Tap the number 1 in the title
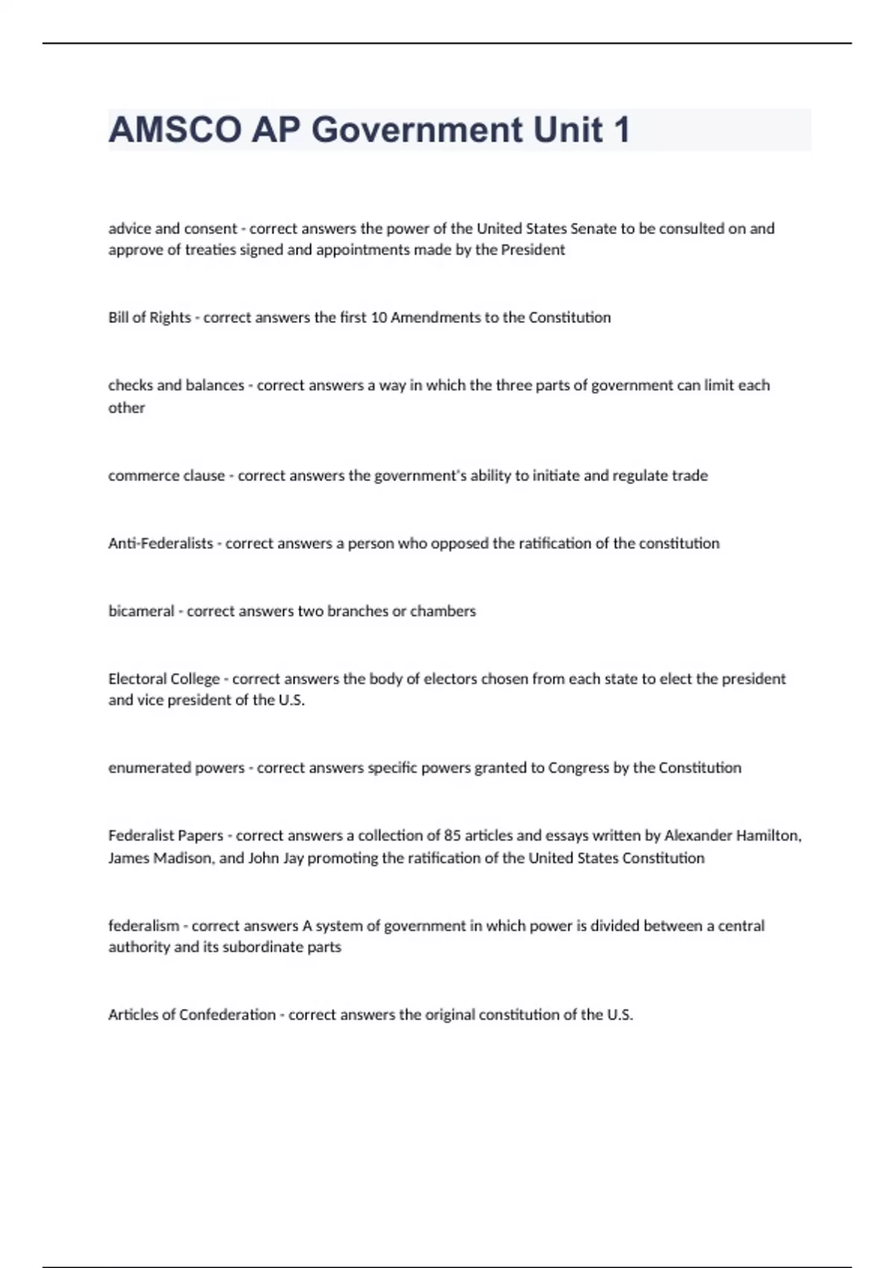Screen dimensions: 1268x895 [x=621, y=130]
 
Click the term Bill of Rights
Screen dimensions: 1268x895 [x=149, y=318]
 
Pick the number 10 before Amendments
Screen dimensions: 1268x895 [x=378, y=318]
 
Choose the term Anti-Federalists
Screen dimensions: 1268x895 [x=160, y=544]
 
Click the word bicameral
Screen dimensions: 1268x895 [x=141, y=612]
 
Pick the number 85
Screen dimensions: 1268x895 [x=451, y=836]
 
